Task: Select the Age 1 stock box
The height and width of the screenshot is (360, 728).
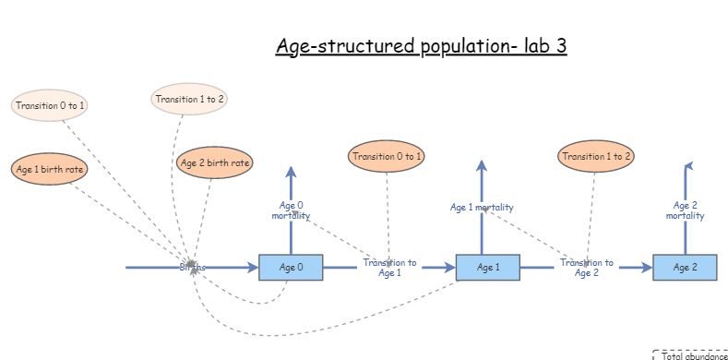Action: tap(488, 268)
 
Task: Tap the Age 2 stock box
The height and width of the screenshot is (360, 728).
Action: tap(685, 268)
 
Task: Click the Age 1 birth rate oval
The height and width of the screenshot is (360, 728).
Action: tap(44, 170)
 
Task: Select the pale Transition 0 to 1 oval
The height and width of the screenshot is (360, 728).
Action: tap(50, 105)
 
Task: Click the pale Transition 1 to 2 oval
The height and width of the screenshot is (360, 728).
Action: tap(189, 99)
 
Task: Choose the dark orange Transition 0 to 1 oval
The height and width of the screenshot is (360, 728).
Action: tap(387, 156)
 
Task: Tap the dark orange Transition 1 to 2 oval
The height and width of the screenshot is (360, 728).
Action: tap(596, 156)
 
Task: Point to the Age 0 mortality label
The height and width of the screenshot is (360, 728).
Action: tap(291, 210)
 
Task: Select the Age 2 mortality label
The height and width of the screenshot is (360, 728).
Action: tap(685, 210)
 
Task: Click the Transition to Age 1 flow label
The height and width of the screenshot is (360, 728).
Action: tap(388, 268)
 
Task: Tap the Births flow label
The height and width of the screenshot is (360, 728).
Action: tap(192, 267)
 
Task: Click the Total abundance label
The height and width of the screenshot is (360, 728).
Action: tap(694, 354)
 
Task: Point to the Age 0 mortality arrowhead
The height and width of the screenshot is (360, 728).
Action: tap(291, 172)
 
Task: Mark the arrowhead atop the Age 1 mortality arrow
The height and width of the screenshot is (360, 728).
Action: tap(481, 165)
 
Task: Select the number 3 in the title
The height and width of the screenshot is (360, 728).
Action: tap(559, 47)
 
